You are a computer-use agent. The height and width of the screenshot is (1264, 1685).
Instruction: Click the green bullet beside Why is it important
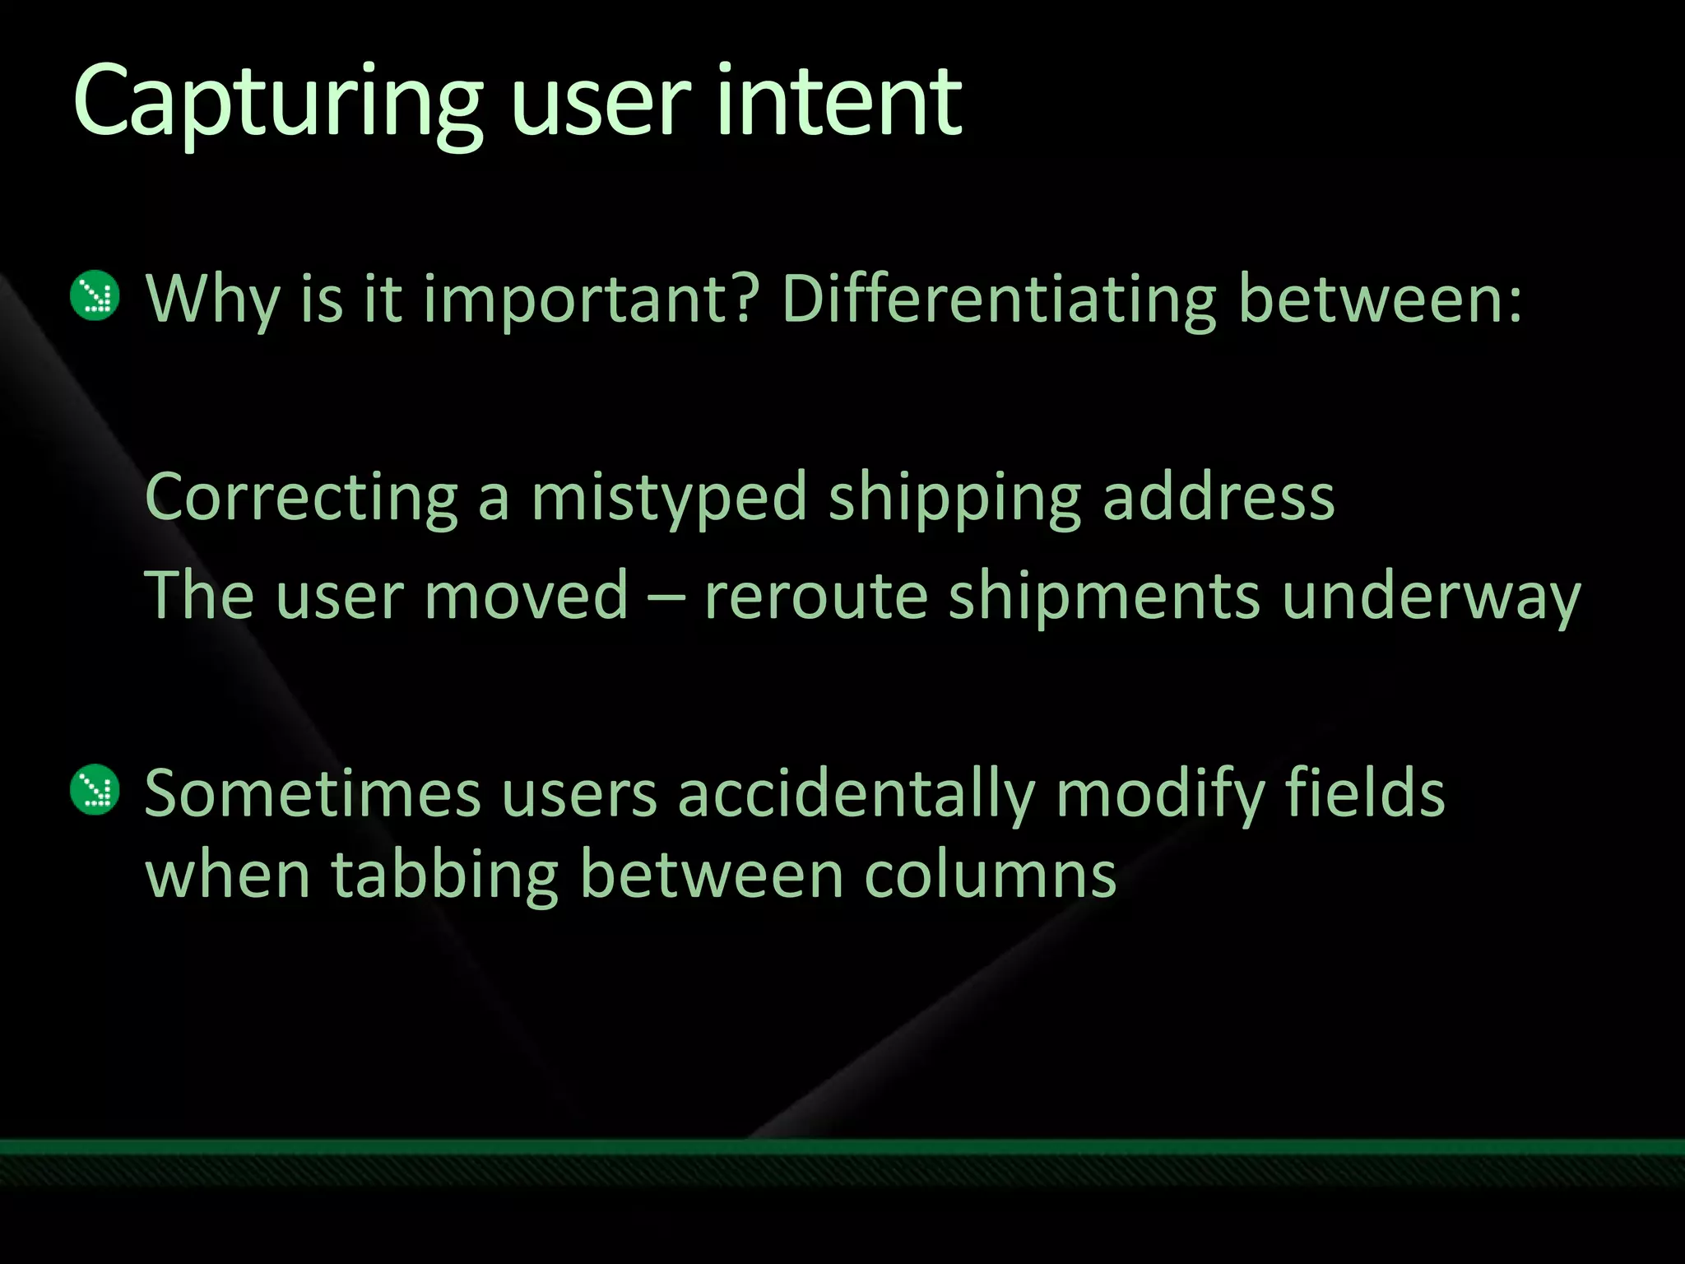tap(95, 295)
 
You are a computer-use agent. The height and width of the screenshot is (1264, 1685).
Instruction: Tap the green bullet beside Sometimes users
tap(95, 790)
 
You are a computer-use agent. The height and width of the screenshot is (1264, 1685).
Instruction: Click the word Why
tap(212, 300)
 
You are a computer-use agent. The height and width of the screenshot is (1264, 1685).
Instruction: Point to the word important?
tap(589, 300)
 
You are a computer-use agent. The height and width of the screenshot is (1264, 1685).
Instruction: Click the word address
tap(1218, 498)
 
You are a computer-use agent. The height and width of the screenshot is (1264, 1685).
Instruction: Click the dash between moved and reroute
tap(666, 597)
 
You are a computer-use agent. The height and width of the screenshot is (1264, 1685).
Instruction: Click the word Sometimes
tap(313, 793)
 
